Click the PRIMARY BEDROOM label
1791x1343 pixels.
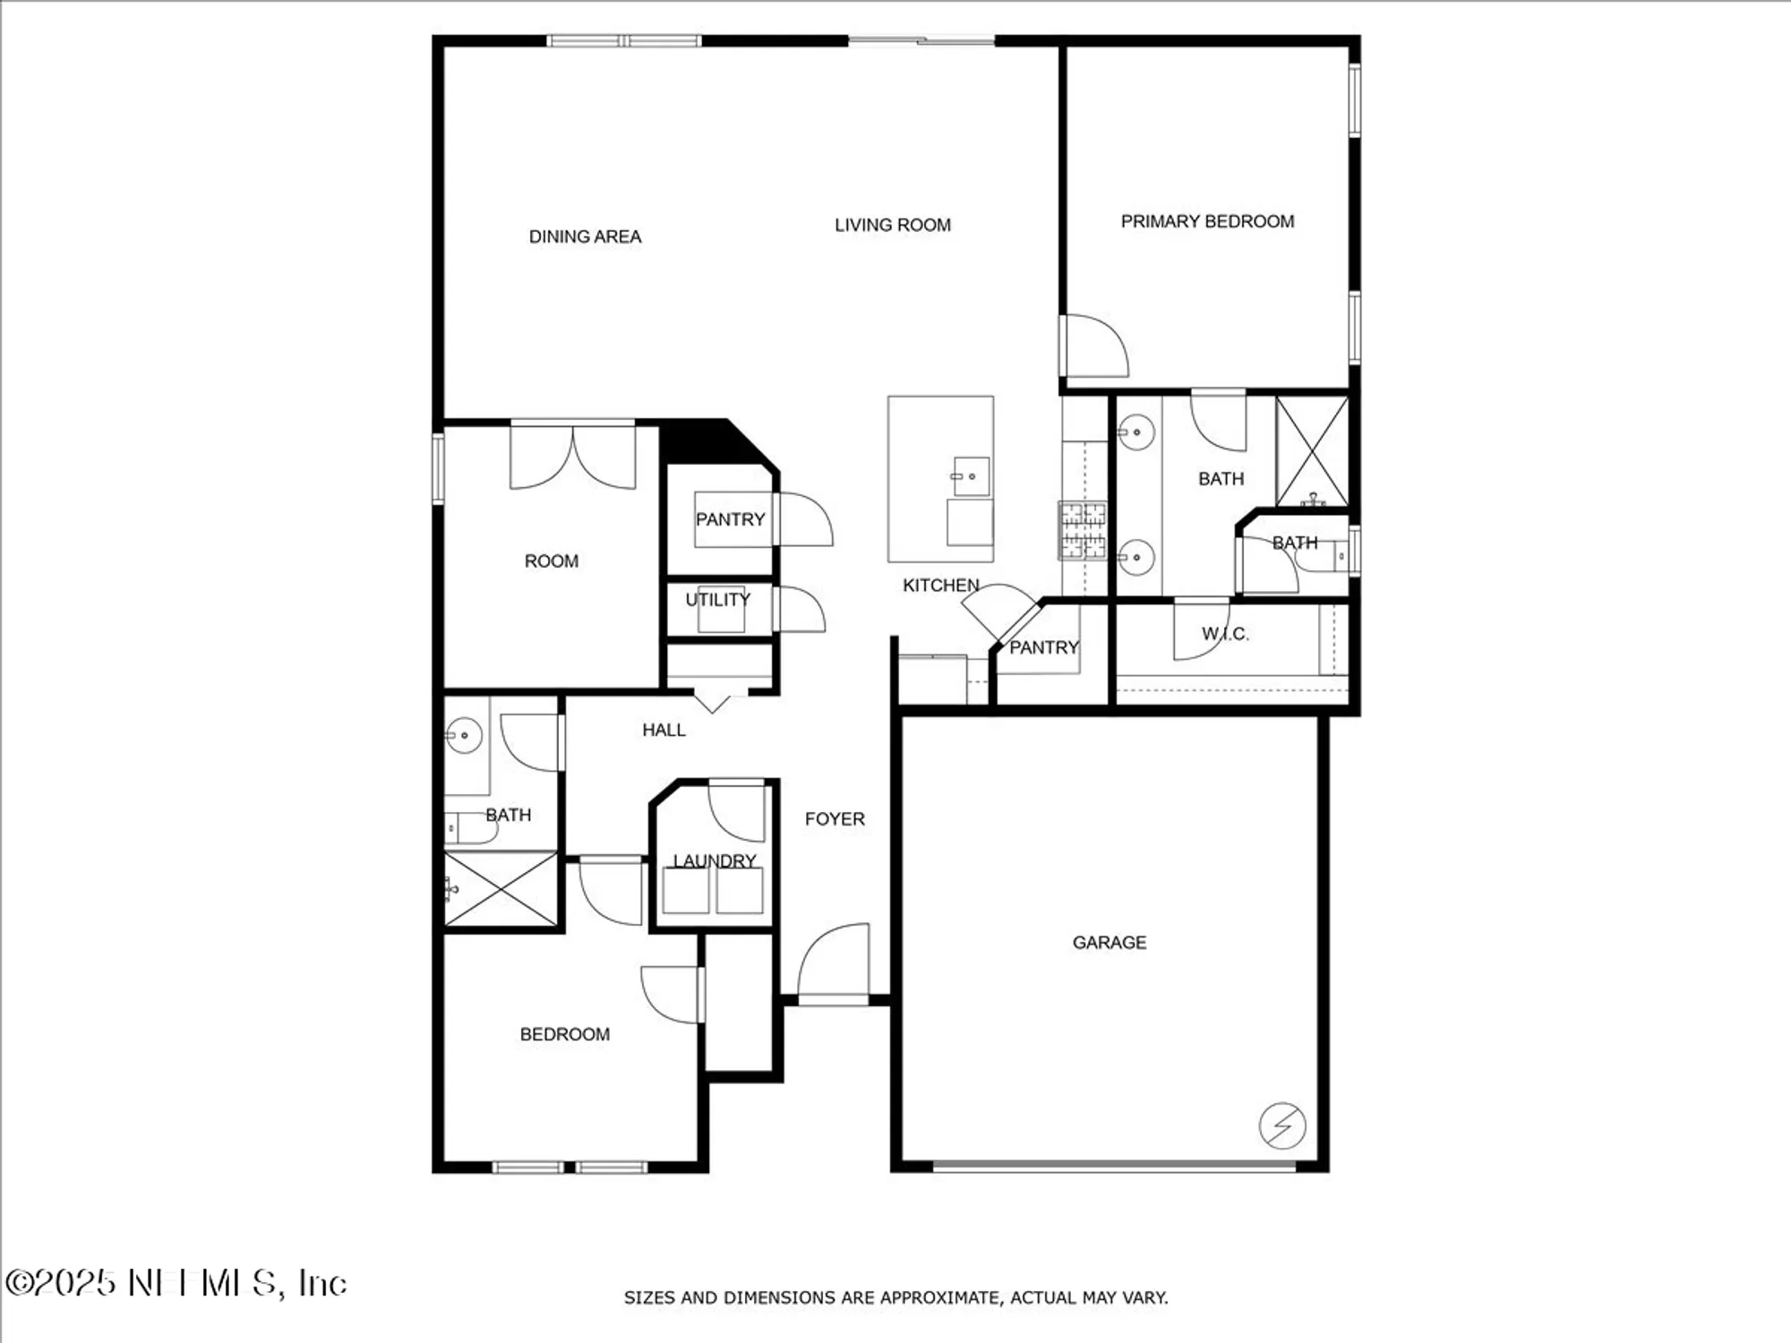pos(1207,221)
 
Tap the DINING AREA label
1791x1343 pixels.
pos(585,236)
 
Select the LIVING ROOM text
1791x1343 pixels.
pos(892,225)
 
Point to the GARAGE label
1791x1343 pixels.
pos(1109,942)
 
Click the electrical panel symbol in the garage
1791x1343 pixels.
pos(1281,1125)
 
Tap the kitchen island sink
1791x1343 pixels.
pos(970,476)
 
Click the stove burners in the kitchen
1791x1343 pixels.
pos(1083,530)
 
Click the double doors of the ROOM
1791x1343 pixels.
pos(572,457)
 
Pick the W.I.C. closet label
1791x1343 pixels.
pos(1224,634)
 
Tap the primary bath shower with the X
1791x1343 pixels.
pos(1312,451)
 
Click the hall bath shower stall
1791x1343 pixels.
pos(501,889)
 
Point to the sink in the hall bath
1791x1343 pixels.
pos(464,735)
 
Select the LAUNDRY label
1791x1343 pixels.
pos(714,860)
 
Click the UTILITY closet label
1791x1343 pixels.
pos(717,599)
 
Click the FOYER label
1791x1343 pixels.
pos(834,818)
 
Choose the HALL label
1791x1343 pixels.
pos(664,730)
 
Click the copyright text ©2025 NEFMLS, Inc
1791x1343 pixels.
pos(176,1283)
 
